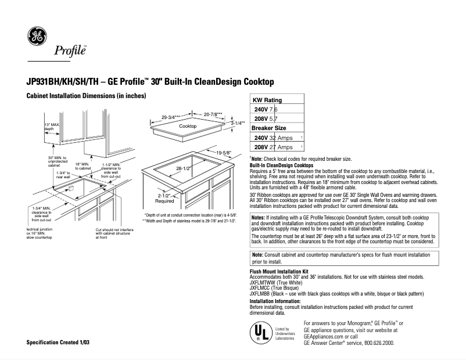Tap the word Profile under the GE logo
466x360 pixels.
[70, 51]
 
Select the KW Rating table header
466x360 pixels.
[267, 100]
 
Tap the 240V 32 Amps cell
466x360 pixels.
[273, 138]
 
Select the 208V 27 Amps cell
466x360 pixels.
[273, 147]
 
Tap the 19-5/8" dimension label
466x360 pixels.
[223, 153]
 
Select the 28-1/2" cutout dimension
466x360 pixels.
[184, 168]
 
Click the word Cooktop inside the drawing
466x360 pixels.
[188, 126]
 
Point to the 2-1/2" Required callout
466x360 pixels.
[165, 199]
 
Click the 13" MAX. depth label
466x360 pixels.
[52, 127]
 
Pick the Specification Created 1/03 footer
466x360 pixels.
[58, 343]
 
